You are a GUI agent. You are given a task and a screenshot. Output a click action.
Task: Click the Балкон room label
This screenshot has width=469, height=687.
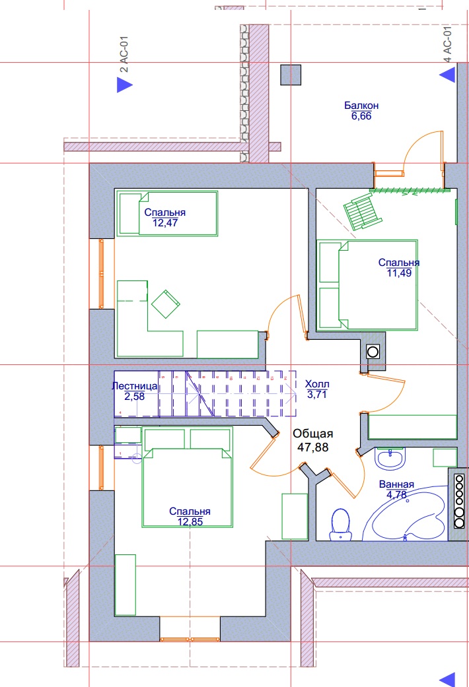coord(361,106)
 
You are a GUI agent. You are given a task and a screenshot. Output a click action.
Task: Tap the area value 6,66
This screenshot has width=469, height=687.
coord(361,116)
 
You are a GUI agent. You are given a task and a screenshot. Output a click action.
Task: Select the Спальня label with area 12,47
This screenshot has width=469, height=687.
coord(165,213)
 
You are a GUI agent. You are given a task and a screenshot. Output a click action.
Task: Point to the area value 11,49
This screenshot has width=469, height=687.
coord(399,273)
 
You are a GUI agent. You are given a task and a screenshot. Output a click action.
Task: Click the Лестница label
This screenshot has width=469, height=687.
coord(135,386)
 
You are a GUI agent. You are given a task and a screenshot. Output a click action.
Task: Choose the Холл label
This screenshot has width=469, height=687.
coord(317,384)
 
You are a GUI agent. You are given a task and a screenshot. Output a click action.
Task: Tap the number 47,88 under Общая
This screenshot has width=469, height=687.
coord(313,447)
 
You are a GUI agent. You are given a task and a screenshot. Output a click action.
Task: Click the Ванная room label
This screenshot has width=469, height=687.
coord(396,484)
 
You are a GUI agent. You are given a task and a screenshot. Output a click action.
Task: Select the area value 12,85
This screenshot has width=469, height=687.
coord(190,522)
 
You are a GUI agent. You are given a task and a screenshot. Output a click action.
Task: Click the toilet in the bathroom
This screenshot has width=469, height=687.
coord(340,524)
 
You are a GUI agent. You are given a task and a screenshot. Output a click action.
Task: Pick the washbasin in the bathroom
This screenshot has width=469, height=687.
coord(390,458)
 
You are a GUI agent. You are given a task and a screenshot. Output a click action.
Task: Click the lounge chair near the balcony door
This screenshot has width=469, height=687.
coord(363,212)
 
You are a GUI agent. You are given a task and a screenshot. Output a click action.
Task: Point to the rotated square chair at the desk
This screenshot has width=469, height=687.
coord(165,304)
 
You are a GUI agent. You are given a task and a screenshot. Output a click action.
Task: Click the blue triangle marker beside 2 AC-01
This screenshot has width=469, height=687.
coord(125,84)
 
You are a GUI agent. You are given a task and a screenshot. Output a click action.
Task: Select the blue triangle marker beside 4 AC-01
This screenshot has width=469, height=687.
coord(447,75)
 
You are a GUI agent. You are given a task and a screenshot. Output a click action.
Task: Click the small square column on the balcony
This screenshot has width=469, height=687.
coord(291,75)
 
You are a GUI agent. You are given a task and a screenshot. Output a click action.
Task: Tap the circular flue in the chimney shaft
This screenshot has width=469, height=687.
coord(373,351)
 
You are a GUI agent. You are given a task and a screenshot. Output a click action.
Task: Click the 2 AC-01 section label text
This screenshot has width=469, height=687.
coord(124,54)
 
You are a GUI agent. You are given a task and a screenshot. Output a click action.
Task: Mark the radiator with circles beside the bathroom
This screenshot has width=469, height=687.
coord(459,501)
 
